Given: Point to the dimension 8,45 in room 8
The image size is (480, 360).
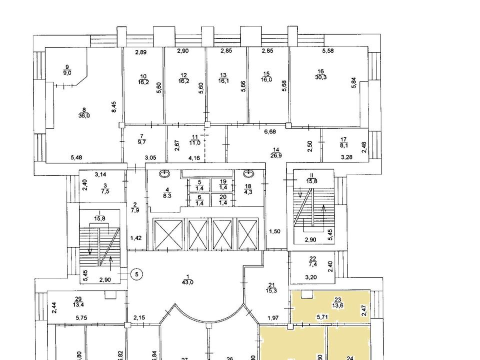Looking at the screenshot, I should (x=113, y=106).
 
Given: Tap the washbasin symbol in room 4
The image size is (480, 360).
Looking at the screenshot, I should (x=165, y=174).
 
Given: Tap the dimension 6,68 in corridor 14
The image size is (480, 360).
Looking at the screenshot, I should (x=270, y=132).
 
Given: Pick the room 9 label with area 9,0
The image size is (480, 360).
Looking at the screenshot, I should (x=66, y=69).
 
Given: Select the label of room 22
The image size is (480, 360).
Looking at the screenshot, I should (x=313, y=261).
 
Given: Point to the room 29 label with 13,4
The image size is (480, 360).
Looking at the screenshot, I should (x=78, y=301).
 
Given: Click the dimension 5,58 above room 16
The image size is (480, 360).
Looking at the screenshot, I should (x=328, y=51).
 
